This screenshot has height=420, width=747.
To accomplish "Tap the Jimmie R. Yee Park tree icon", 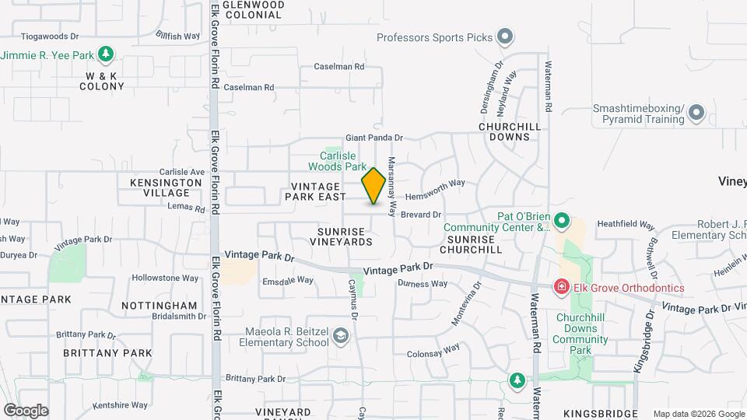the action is (107, 55).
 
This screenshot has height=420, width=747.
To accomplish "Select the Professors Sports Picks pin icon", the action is (505, 37).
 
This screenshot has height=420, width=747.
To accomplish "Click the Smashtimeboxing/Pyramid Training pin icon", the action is (696, 114).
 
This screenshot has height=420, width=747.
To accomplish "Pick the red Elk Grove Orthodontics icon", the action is (560, 288).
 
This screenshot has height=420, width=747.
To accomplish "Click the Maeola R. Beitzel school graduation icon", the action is (339, 336).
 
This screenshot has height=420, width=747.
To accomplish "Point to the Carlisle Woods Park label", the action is (337, 161).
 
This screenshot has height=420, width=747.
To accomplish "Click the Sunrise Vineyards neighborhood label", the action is (345, 236).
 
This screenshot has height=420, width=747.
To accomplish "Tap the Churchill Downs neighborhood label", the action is (504, 131).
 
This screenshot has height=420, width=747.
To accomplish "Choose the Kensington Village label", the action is (161, 187).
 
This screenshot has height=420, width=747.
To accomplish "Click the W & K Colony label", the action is (101, 81).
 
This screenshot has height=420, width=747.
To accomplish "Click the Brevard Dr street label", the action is (421, 215).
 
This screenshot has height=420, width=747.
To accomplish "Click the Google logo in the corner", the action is (26, 410).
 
